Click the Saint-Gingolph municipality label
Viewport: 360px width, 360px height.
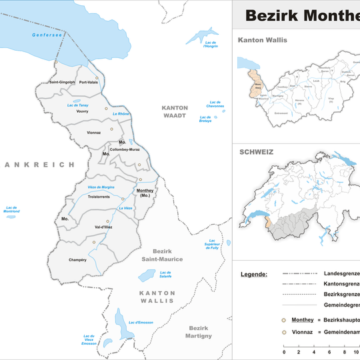pos(61,82)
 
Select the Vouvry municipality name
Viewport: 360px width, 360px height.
pos(83,111)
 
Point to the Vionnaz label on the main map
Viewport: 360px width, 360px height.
pos(93,133)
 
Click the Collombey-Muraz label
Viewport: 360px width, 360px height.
pos(125,149)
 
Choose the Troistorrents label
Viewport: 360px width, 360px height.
pos(99,197)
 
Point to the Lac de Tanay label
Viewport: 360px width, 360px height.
pos(78,105)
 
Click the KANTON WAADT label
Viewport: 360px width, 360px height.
pos(175,111)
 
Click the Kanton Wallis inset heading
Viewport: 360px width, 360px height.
pos(263,40)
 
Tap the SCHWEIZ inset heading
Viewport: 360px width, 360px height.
pos(256,152)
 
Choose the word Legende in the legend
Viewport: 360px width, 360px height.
pos(254,274)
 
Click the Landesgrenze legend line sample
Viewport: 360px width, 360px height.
pos(300,274)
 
